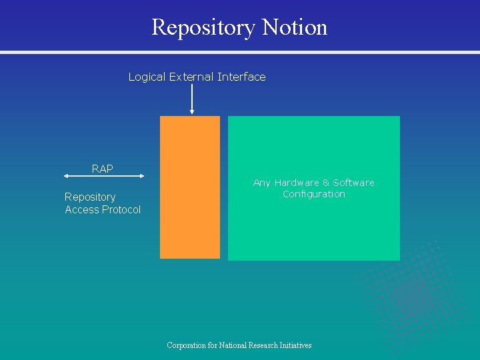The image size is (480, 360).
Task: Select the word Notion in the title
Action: (295, 27)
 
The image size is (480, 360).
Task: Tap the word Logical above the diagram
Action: (147, 77)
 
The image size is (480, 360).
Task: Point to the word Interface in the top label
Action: (241, 77)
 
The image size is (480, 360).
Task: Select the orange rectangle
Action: (190, 187)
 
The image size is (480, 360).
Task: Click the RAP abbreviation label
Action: (103, 169)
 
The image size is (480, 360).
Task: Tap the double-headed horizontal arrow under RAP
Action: (105, 176)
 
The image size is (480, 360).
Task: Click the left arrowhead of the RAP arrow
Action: (67, 176)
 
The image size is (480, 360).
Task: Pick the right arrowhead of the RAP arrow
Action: (142, 176)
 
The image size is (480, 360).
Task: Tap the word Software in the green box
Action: (354, 183)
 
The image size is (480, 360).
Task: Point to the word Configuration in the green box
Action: (314, 195)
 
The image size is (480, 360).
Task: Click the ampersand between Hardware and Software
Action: (326, 183)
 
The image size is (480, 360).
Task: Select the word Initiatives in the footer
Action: (293, 345)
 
